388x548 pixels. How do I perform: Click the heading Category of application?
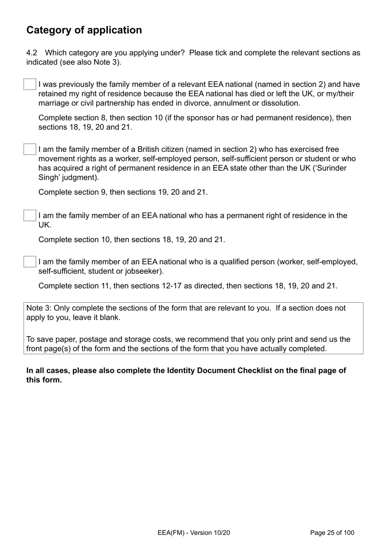tap(84, 30)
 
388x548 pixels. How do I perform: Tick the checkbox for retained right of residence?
tap(30, 84)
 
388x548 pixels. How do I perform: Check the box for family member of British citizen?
tap(30, 149)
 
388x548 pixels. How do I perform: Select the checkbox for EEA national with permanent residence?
tap(30, 215)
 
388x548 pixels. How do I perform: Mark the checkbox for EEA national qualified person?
tap(30, 262)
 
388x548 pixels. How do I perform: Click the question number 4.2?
tap(32, 53)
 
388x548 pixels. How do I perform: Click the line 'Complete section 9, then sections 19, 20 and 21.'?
tap(123, 192)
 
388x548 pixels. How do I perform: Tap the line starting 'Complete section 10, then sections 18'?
tap(132, 239)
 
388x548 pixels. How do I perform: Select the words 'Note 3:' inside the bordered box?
tap(39, 308)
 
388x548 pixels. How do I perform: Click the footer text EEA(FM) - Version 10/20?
tap(194, 532)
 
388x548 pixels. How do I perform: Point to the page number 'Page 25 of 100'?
tap(332, 532)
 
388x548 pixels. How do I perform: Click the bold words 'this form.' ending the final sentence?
tap(44, 380)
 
